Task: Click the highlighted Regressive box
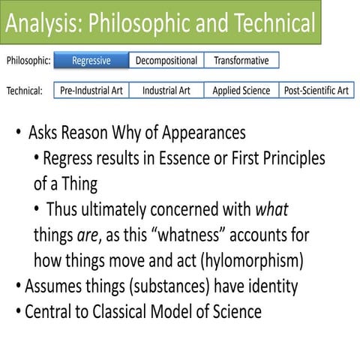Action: tap(91, 60)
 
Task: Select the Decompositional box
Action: tap(166, 60)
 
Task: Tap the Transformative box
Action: tap(241, 60)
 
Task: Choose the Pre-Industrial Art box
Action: tap(92, 91)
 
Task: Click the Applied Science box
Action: tap(241, 91)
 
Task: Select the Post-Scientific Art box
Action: tap(316, 91)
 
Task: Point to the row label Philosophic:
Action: tap(28, 61)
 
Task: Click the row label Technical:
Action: tap(27, 91)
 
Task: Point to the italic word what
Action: tap(274, 209)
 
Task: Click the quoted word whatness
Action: tap(181, 235)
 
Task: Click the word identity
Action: tap(271, 286)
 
